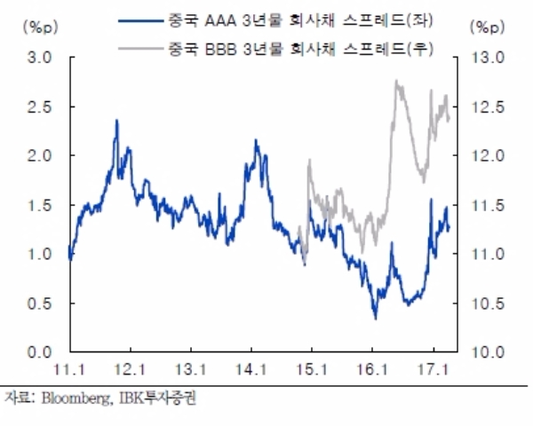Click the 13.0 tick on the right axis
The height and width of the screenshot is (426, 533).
487,58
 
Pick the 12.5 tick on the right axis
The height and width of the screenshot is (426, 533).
487,106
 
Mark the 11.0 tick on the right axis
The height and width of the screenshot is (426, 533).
487,255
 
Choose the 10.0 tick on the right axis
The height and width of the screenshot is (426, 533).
487,352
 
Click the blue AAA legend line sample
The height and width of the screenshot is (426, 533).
147,20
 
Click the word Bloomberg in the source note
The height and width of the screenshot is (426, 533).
70,397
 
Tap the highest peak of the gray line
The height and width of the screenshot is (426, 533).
396,81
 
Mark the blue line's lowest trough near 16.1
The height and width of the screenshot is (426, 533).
375,318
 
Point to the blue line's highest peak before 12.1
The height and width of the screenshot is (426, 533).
116,120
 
